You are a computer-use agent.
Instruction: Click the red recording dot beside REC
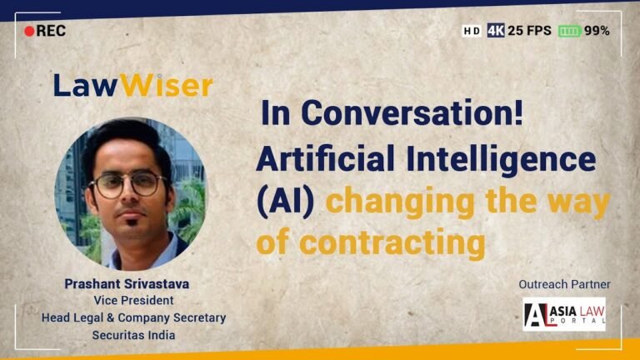tap(29, 31)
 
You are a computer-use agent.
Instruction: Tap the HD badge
tap(472, 31)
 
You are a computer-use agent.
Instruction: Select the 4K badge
tap(496, 31)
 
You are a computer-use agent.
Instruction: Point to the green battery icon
tap(569, 31)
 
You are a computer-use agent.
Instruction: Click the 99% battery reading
tap(597, 31)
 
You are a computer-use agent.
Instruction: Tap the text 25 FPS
tap(529, 31)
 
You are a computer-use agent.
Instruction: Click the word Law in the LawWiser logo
tap(86, 85)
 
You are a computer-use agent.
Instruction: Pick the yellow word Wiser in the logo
tap(166, 85)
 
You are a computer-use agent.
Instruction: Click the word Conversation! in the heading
tap(412, 112)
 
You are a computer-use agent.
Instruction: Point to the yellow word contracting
tap(392, 242)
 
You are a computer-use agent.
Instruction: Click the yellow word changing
tap(400, 202)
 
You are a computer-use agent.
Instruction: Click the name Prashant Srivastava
tap(127, 283)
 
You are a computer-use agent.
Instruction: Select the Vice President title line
tap(133, 300)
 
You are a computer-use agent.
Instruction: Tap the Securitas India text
tap(133, 335)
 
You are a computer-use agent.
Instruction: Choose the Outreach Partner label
tap(564, 284)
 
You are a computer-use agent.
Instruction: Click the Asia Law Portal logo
tap(564, 314)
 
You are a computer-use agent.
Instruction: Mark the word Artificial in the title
tap(326, 158)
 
